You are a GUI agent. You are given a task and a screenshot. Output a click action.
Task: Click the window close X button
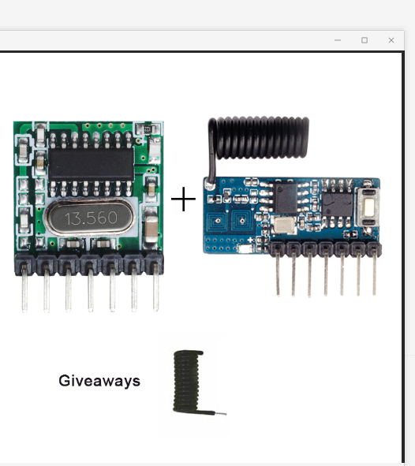pos(391,40)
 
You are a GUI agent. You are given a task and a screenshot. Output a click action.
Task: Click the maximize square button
pos(365,40)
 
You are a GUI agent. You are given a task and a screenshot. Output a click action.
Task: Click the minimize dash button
pos(338,40)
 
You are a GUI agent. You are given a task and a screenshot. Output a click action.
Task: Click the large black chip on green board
pos(92,164)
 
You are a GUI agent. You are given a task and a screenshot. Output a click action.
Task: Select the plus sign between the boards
pos(183,199)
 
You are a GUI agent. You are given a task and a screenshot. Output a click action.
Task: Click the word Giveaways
pos(99,381)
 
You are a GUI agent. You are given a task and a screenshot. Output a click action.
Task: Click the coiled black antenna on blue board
pos(259,140)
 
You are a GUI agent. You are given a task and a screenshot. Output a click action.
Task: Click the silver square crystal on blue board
pos(283,225)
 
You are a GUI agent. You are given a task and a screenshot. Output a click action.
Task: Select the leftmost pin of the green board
pos(24,289)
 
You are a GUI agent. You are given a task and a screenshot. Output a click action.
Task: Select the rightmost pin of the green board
pos(155,288)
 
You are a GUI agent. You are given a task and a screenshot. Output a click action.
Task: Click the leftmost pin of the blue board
pos(278,273)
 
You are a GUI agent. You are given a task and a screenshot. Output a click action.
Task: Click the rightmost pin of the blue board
pos(374,273)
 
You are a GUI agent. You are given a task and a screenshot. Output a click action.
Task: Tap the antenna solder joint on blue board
pos(211,186)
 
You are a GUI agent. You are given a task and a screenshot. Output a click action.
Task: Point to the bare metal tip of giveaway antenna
pos(221,413)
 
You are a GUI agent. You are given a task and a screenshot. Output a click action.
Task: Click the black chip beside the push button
pos(338,203)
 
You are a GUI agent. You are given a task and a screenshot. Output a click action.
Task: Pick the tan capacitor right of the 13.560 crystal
pos(151,228)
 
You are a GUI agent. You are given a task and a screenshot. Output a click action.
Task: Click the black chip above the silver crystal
pos(286,198)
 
